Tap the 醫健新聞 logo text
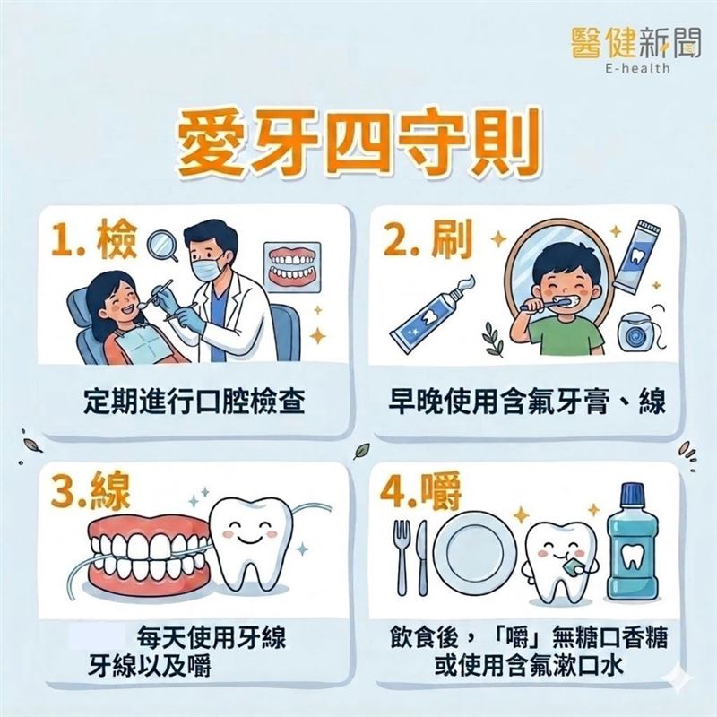[632, 40]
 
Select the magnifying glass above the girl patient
[163, 246]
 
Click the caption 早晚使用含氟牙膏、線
[528, 401]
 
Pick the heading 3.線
[94, 496]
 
